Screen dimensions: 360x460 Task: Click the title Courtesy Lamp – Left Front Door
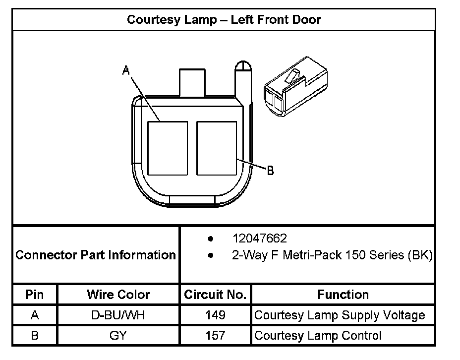pos(224,20)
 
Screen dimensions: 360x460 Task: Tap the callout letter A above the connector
pos(126,71)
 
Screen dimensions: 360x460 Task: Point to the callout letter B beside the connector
pos(271,171)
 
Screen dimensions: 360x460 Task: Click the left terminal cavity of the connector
pos(168,148)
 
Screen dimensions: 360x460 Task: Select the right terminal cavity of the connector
pos(216,148)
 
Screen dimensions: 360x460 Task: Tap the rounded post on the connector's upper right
pos(243,79)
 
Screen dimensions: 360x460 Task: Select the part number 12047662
pos(259,239)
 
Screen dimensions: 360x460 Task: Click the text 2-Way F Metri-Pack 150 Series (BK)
pos(332,255)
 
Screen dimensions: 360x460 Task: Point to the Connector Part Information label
pos(96,255)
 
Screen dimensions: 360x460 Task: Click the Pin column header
pos(35,295)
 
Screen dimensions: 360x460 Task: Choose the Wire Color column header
pos(118,295)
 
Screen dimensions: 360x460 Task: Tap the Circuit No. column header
pos(215,295)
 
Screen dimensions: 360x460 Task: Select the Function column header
pos(343,295)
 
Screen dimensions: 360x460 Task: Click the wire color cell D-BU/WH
pos(118,315)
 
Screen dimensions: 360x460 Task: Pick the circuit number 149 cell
pos(215,315)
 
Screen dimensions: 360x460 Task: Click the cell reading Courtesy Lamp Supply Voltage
pos(340,315)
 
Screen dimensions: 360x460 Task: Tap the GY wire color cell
pos(118,336)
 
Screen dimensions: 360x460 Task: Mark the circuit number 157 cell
pos(215,336)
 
